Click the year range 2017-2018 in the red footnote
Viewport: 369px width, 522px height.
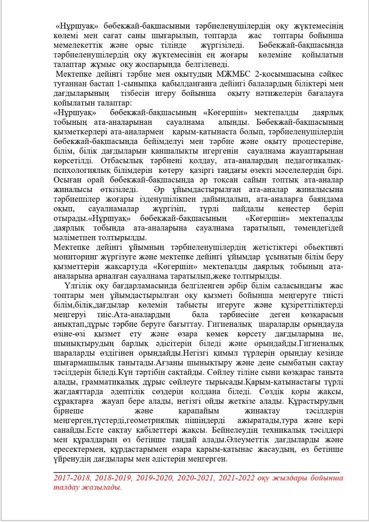pos(73,477)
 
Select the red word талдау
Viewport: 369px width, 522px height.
pos(66,487)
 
